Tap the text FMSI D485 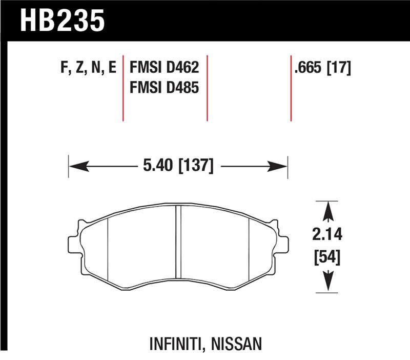pos(164,88)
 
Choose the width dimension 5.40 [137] pos(176,166)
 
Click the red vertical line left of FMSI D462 pos(124,87)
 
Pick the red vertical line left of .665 pos(291,87)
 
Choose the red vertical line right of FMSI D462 pos(207,87)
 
